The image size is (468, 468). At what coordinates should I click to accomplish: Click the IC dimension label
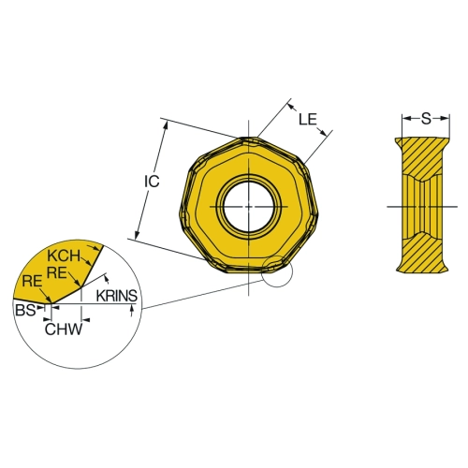[x=152, y=182]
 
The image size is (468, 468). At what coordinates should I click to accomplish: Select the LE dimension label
[x=308, y=119]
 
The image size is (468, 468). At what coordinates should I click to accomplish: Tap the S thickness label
[x=426, y=119]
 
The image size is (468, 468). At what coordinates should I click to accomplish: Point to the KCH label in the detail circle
[x=64, y=256]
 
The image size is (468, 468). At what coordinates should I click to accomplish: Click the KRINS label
[x=117, y=296]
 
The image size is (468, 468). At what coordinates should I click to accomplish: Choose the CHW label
[x=64, y=329]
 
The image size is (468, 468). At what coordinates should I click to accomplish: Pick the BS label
[x=25, y=310]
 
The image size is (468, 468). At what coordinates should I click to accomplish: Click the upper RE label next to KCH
[x=57, y=273]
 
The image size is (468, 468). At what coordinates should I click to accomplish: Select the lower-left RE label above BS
[x=32, y=282]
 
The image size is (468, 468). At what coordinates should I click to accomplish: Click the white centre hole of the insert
[x=249, y=206]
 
